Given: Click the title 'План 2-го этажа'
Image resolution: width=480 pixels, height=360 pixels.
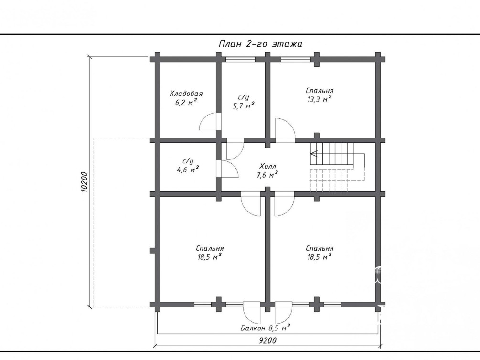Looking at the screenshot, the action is pyautogui.click(x=260, y=44).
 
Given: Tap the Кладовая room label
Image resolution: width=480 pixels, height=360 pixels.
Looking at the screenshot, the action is pyautogui.click(x=186, y=94).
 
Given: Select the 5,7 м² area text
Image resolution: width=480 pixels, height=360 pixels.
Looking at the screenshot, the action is pyautogui.click(x=244, y=106).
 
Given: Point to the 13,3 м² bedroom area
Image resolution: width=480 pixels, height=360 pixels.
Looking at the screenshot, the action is pyautogui.click(x=320, y=99).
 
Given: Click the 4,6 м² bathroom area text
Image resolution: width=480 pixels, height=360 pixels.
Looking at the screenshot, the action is pyautogui.click(x=188, y=169).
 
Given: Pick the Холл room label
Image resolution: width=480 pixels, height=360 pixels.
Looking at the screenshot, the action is pyautogui.click(x=267, y=167).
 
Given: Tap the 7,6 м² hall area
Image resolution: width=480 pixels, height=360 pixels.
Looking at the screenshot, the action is pyautogui.click(x=267, y=175).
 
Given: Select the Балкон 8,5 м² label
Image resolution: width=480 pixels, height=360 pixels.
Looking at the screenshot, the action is pyautogui.click(x=265, y=328).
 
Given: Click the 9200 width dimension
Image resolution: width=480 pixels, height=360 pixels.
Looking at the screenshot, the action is pyautogui.click(x=267, y=340).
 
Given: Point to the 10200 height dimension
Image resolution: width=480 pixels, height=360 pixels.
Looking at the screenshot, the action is pyautogui.click(x=85, y=182).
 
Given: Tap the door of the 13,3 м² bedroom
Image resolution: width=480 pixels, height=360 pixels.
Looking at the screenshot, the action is pyautogui.click(x=285, y=130).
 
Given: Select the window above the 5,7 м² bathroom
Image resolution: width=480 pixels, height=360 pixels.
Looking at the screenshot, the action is pyautogui.click(x=240, y=59).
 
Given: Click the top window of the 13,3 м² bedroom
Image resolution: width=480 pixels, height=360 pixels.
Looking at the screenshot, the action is pyautogui.click(x=296, y=59).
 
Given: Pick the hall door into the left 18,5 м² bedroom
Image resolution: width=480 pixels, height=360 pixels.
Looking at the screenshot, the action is pyautogui.click(x=251, y=204).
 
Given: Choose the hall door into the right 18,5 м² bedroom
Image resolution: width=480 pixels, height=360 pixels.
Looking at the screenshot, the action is pyautogui.click(x=284, y=204).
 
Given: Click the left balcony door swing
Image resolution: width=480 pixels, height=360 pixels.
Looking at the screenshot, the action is pyautogui.click(x=252, y=313).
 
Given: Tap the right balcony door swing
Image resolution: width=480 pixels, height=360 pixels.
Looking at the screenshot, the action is pyautogui.click(x=284, y=313).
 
